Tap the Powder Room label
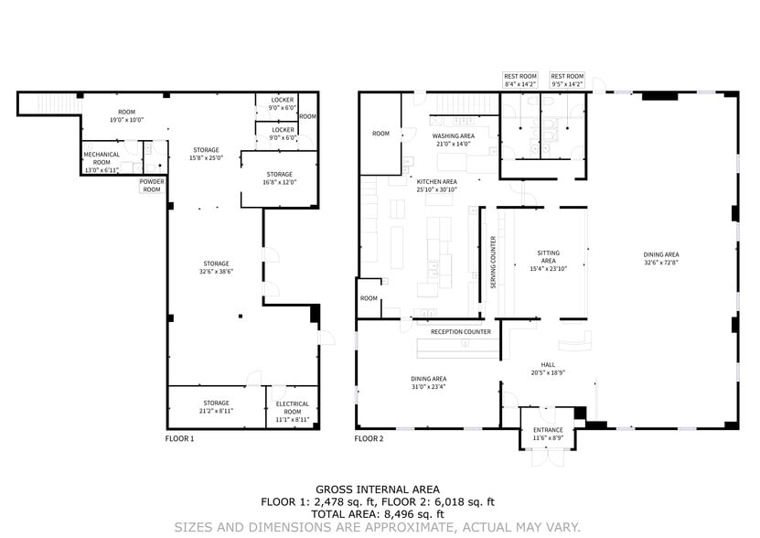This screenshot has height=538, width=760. [152, 185]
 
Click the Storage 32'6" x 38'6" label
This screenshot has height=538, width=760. [216, 267]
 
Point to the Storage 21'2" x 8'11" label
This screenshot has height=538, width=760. [216, 407]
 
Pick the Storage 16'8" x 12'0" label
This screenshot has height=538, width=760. [279, 178]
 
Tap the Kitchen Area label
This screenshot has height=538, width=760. [436, 185]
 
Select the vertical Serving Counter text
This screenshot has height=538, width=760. [493, 263]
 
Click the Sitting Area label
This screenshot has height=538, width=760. [549, 260]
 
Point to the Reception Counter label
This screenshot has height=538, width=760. [461, 332]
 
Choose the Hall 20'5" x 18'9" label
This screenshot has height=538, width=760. [548, 368]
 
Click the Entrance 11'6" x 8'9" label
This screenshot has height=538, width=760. [548, 434]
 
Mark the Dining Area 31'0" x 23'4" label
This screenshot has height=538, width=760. [428, 382]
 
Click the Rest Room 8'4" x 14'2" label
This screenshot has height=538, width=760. [520, 80]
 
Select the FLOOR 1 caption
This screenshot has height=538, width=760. [179, 439]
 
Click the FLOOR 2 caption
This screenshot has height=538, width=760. [369, 439]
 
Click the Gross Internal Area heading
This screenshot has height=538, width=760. [377, 489]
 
